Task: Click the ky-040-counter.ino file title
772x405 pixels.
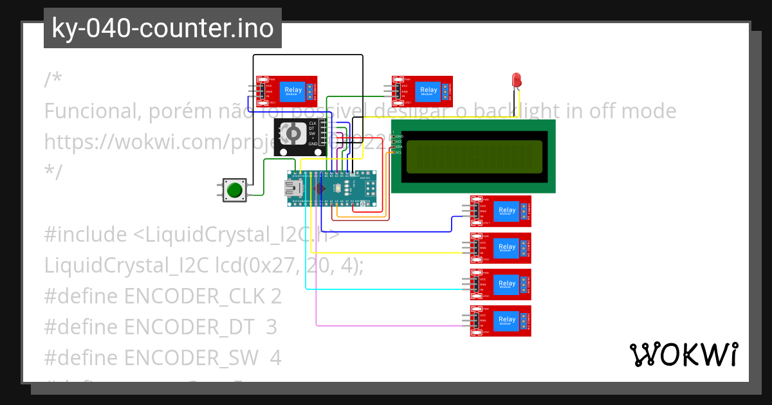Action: pos(162,28)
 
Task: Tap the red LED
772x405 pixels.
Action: pos(516,80)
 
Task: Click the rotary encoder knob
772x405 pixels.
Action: pos(292,134)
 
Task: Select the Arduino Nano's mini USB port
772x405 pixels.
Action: pos(294,188)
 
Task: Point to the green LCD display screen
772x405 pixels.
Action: pos(473,156)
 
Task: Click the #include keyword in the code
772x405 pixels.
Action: pos(86,235)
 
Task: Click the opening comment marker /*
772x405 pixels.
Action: pos(53,80)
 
